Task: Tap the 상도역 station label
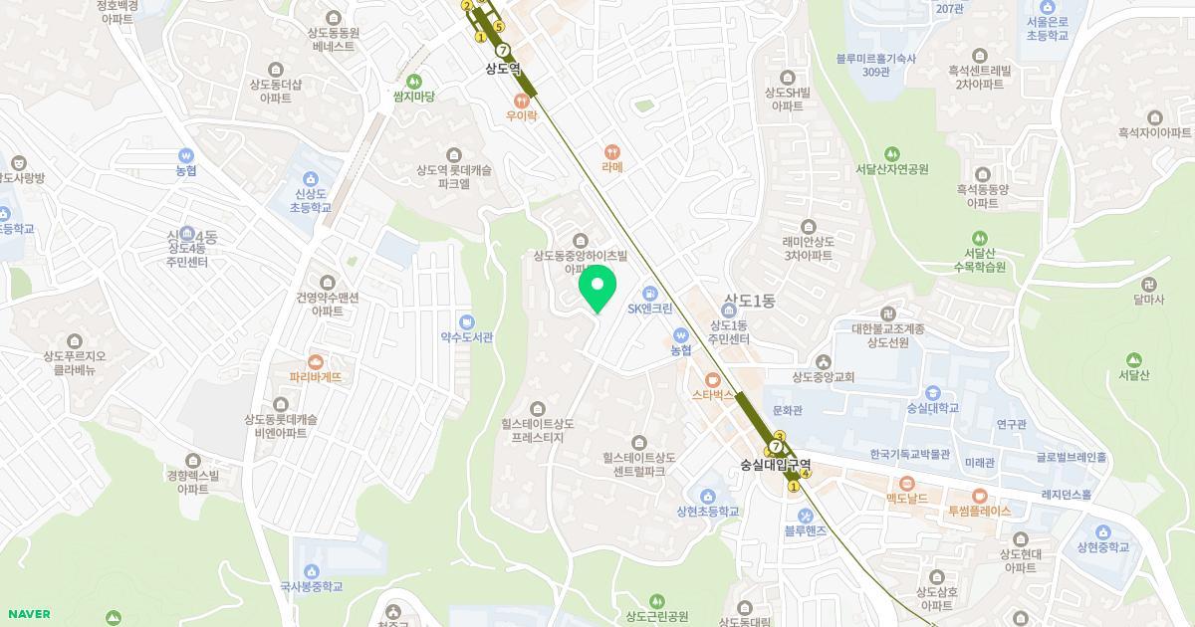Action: pos(503,69)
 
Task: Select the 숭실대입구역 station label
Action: pos(776,465)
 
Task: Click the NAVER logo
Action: pos(28,614)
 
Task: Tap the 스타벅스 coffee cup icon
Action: pos(712,379)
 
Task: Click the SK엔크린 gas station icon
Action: pos(649,293)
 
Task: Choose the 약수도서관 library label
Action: pos(467,337)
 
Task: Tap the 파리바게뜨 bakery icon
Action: pos(315,361)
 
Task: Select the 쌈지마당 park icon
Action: pos(413,81)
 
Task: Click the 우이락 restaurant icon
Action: pos(521,101)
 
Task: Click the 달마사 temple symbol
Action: pos(1149,284)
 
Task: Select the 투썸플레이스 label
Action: pos(979,511)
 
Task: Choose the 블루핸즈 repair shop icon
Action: pos(805,515)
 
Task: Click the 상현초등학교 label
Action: pos(708,512)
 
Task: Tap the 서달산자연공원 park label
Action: pos(892,169)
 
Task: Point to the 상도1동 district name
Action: pos(749,300)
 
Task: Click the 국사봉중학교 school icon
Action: pos(312,571)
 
